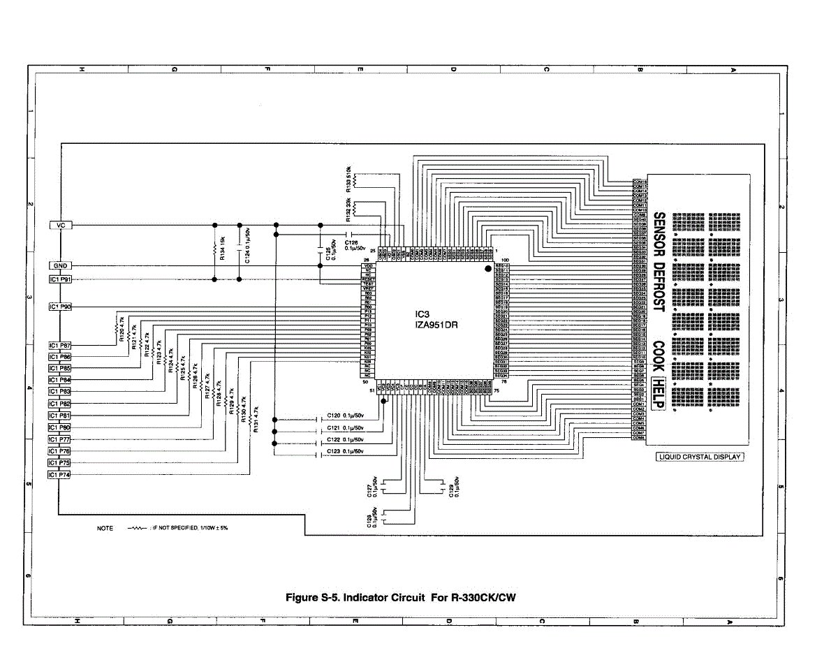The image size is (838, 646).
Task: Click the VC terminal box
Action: [61, 225]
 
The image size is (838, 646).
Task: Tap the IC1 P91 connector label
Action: [61, 279]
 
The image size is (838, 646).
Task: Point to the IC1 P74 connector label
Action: [60, 475]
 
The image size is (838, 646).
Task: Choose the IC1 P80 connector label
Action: [60, 427]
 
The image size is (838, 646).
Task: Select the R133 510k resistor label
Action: [349, 179]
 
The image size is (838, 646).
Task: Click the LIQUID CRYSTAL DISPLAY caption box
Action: [699, 457]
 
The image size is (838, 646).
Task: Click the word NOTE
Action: [105, 528]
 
